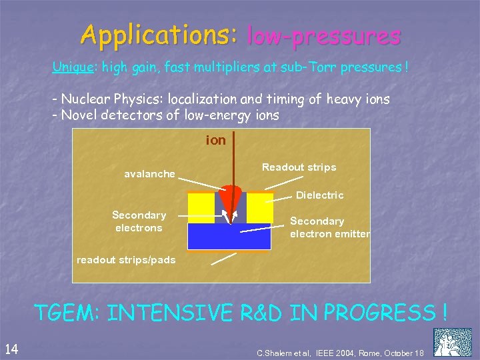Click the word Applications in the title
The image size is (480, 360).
click(x=158, y=35)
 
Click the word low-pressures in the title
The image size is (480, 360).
click(x=323, y=35)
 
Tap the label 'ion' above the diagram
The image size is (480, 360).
click(x=216, y=141)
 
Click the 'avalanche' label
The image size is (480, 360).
click(x=149, y=174)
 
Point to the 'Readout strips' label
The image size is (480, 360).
click(x=299, y=167)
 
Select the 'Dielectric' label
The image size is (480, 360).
click(x=319, y=195)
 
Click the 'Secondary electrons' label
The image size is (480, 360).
click(x=139, y=221)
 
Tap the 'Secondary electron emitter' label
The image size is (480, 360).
click(x=329, y=227)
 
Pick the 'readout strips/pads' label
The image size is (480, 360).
click(x=126, y=259)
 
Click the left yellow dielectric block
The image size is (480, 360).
click(x=201, y=207)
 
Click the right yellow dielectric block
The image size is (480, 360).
click(x=260, y=207)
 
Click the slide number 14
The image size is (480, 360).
click(x=11, y=347)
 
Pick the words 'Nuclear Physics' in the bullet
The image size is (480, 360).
click(x=111, y=99)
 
